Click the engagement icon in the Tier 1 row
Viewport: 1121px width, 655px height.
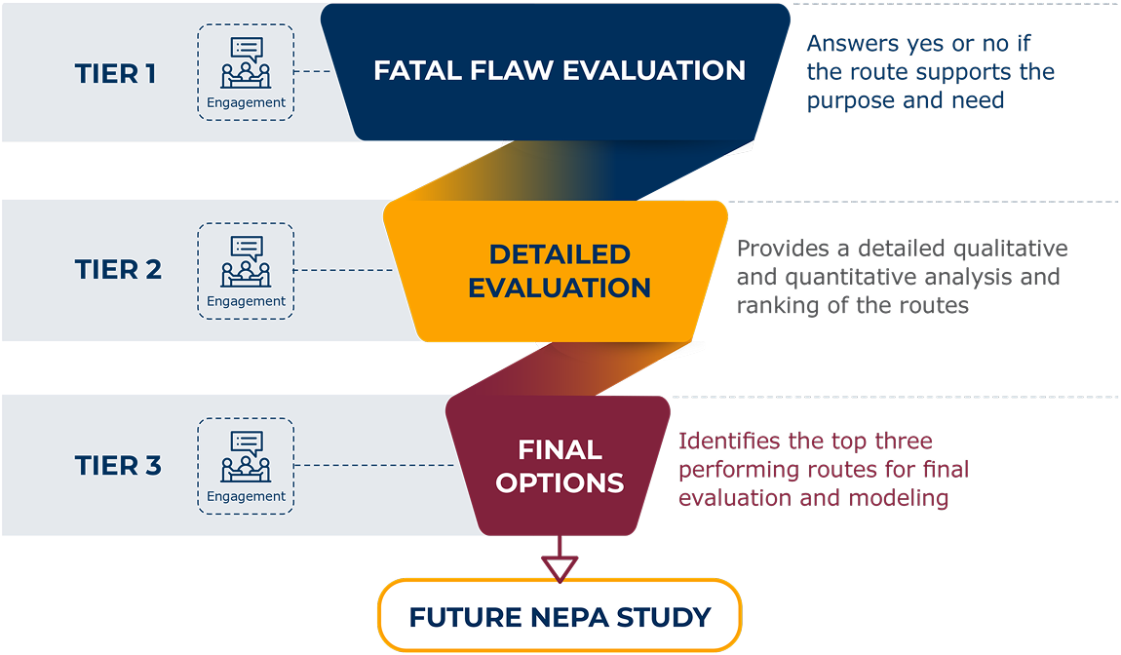tap(246, 71)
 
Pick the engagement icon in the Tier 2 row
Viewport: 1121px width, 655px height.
tap(246, 268)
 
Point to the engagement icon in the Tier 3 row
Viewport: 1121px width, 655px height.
tap(246, 464)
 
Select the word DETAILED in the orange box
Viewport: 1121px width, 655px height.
tap(560, 255)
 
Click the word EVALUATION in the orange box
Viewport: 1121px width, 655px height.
tap(560, 289)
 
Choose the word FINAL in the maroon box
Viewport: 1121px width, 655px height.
tap(560, 450)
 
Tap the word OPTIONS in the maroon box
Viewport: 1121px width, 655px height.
tap(560, 483)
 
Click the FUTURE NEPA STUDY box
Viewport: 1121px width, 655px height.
tap(560, 617)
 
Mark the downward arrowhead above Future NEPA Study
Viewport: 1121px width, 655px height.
tap(560, 567)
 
